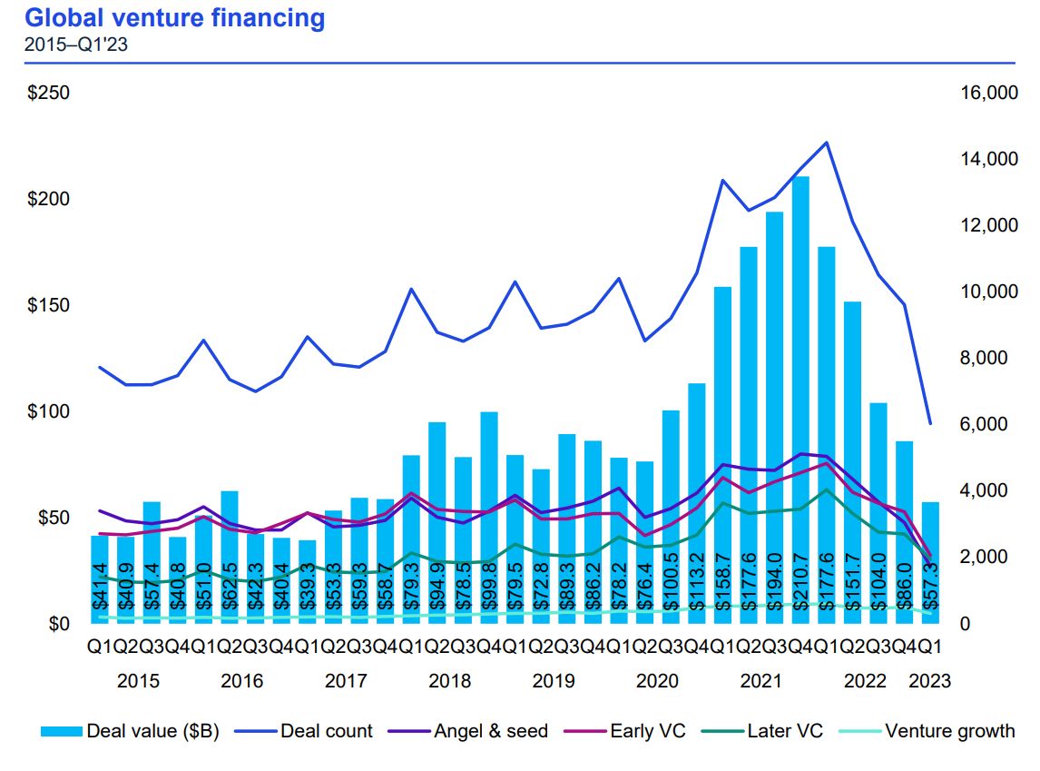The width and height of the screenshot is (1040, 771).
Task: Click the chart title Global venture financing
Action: click(x=173, y=17)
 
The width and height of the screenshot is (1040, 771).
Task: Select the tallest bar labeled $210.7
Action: click(x=800, y=400)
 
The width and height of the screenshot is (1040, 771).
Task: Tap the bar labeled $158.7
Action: click(x=722, y=454)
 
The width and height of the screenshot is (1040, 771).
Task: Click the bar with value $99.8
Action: click(x=489, y=518)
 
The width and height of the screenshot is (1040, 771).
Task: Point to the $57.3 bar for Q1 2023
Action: click(x=930, y=563)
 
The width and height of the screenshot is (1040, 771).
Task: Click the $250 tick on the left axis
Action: click(x=50, y=94)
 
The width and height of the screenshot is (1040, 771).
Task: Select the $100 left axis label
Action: click(x=50, y=411)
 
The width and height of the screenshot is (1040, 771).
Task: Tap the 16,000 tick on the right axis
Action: click(x=976, y=94)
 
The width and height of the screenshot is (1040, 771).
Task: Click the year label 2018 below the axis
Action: click(x=449, y=681)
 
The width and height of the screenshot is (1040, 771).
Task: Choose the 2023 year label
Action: click(x=930, y=681)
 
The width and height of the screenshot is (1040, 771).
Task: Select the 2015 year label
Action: click(x=138, y=681)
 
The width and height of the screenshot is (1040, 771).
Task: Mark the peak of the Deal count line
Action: click(x=826, y=143)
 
